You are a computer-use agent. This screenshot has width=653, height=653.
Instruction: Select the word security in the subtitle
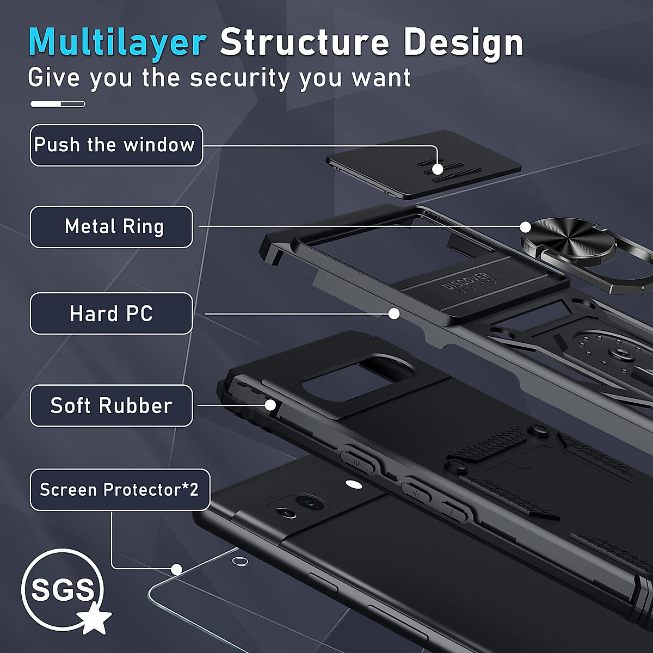coord(240,78)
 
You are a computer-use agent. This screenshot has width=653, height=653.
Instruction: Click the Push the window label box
coord(116,145)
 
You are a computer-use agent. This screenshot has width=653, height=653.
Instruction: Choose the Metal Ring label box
coord(112,227)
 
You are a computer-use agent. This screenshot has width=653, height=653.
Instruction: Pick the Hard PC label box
coord(112,314)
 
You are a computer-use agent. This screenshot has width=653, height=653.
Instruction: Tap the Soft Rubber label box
coord(112,406)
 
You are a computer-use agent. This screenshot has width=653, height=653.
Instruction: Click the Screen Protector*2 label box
coord(120,490)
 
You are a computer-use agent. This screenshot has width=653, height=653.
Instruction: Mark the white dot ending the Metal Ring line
coord(525,226)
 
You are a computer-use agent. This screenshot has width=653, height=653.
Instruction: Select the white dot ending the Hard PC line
coord(394,314)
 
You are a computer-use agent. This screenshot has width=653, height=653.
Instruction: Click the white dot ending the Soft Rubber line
coord(270,405)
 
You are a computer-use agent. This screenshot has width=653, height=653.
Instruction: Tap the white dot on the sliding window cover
coord(438,169)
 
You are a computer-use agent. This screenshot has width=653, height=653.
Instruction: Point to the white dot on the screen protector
coord(176,569)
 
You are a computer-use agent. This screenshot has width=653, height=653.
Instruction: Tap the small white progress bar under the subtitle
coord(58,104)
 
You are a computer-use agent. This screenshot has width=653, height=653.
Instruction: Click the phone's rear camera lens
coord(307,501)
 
